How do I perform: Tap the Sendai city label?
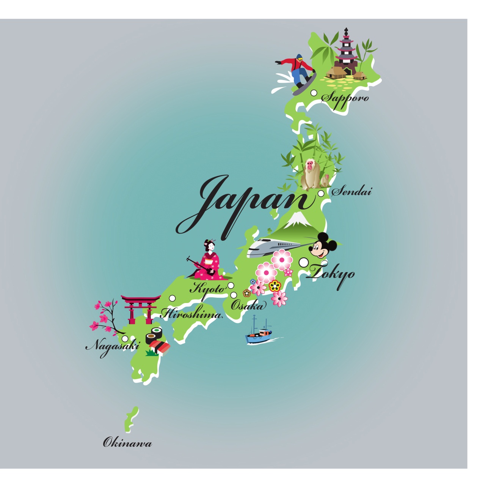352,191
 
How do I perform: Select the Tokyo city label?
332,274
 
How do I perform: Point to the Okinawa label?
127,443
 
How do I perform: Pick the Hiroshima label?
191,314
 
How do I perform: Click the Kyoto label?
207,289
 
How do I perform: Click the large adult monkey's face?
311,166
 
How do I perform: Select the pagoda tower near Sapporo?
346,51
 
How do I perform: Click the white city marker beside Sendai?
321,194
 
